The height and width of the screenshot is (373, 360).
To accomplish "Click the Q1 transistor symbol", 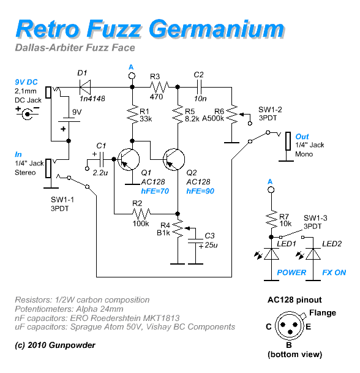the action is tap(129, 159).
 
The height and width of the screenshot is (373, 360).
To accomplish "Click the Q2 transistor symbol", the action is tap(174, 159).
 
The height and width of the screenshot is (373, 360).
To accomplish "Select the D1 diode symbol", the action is tap(85, 88).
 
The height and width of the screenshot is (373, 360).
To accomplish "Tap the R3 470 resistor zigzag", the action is tap(159, 88).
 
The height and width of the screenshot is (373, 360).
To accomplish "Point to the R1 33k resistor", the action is tap(132, 115).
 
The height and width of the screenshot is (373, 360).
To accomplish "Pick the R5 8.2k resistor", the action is tap(178, 115).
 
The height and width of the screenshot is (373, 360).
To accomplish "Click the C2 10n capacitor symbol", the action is tap(199, 88).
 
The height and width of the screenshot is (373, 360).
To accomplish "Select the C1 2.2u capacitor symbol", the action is tap(102, 159).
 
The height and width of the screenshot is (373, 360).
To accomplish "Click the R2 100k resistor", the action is tap(141, 214).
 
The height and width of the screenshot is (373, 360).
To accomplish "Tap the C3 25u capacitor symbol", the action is tap(195, 241).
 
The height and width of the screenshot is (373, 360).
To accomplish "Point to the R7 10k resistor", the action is tap(271, 219).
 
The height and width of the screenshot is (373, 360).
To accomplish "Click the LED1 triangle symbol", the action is tap(271, 254).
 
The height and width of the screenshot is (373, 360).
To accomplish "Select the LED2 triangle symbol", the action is tap(313, 254).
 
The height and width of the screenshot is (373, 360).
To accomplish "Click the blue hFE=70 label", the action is tap(155, 191).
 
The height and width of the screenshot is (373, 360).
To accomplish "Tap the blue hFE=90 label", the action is tap(200, 191).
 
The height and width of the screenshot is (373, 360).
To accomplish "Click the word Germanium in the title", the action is tap(217, 30).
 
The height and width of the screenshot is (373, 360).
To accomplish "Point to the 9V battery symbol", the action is tap(69, 119).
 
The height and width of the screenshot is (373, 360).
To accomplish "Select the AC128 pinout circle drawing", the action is tap(290, 326).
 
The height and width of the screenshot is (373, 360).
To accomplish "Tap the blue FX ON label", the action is tap(334, 273).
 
